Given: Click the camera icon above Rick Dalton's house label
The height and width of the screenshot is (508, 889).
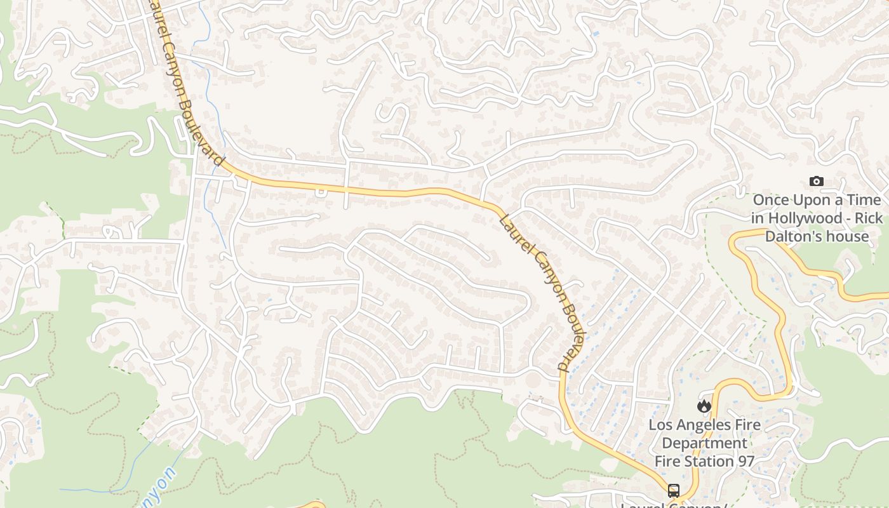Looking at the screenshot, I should [817, 182].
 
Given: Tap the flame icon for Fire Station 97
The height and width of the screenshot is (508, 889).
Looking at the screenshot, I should [704, 406].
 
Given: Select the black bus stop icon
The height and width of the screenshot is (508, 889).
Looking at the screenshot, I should [673, 491].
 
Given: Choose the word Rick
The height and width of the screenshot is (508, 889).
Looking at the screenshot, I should [867, 218].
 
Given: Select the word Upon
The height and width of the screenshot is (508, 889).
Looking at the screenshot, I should [812, 201].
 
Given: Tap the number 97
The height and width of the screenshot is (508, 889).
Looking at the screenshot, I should [744, 461].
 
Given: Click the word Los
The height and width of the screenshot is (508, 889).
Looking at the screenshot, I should [660, 424].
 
